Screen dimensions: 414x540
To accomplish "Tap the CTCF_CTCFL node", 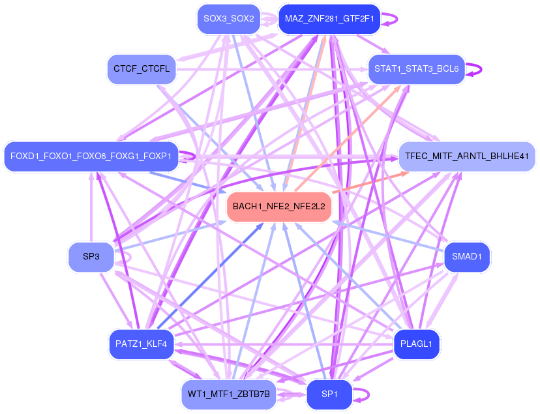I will [x=142, y=68].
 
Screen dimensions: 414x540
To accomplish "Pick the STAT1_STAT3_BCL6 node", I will [x=417, y=68].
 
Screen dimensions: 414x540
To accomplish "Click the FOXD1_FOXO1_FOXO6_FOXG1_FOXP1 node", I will [x=91, y=156].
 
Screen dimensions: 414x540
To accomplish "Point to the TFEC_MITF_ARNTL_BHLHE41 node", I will [x=466, y=156].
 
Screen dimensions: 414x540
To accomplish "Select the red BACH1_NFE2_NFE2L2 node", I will [x=279, y=206].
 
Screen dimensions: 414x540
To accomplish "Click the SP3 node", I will [x=91, y=256].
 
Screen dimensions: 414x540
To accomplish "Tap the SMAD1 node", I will [x=466, y=256].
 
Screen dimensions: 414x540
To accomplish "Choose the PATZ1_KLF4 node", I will [x=142, y=344].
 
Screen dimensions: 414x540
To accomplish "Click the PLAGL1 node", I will [x=417, y=344].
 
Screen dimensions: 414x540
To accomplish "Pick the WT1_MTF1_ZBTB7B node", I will [x=228, y=394].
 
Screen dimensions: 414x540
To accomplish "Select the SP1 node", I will [x=329, y=394].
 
